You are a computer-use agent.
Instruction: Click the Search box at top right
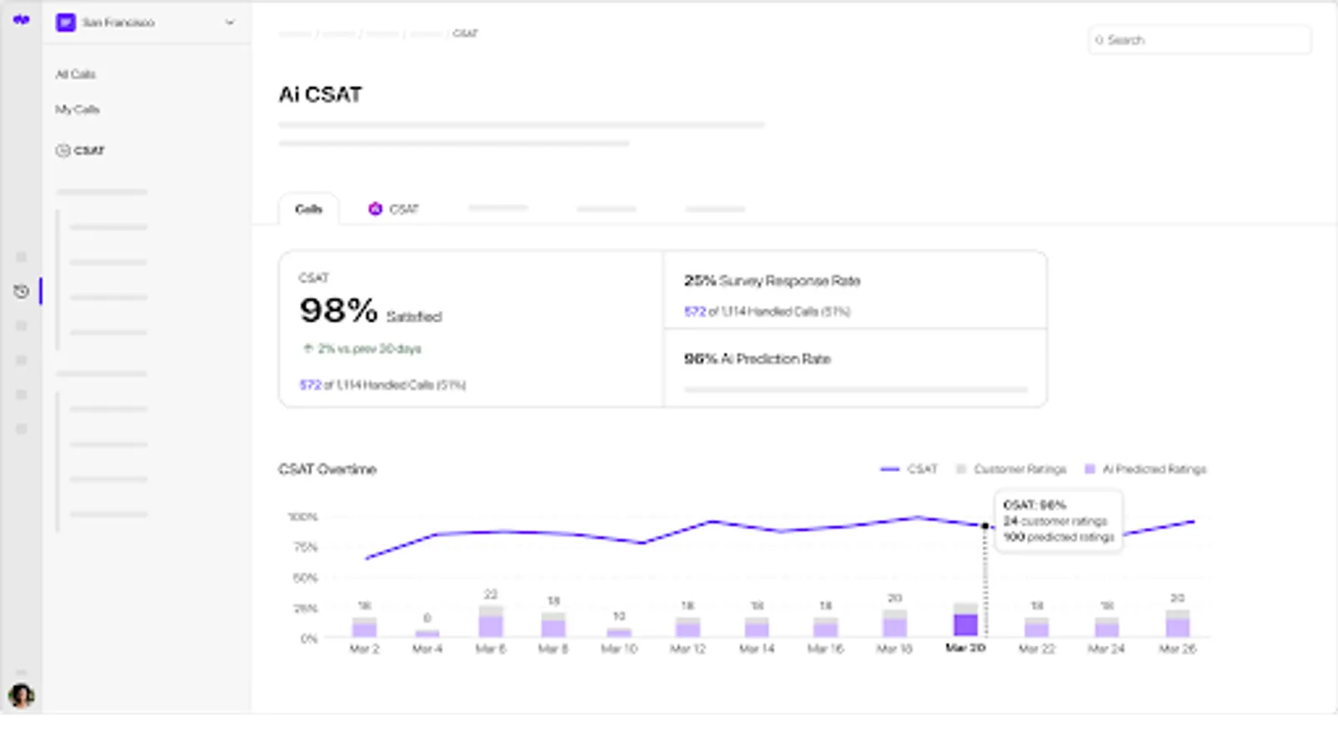tap(1199, 40)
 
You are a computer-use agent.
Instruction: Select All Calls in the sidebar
tap(75, 74)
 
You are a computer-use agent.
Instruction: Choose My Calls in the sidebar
tap(77, 110)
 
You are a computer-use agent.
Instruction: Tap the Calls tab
tap(309, 209)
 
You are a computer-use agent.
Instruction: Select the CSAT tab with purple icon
tap(394, 209)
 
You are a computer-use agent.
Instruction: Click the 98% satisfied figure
tap(339, 311)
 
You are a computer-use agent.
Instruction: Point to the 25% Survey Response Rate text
tap(772, 281)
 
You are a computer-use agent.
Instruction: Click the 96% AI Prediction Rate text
tap(758, 359)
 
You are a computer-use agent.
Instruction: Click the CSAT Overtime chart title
tap(327, 469)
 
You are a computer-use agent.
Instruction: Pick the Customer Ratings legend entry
tap(1012, 469)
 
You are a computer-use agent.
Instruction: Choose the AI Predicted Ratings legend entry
tap(1146, 469)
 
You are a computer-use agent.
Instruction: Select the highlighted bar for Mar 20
tap(966, 623)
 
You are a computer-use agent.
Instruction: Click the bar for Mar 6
tap(491, 623)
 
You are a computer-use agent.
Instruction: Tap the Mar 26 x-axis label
tap(1177, 648)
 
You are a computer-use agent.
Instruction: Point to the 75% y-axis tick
tap(305, 547)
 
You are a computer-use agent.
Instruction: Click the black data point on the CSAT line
tap(985, 526)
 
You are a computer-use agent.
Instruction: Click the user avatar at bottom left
tap(21, 695)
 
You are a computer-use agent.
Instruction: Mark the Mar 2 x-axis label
tap(365, 648)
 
